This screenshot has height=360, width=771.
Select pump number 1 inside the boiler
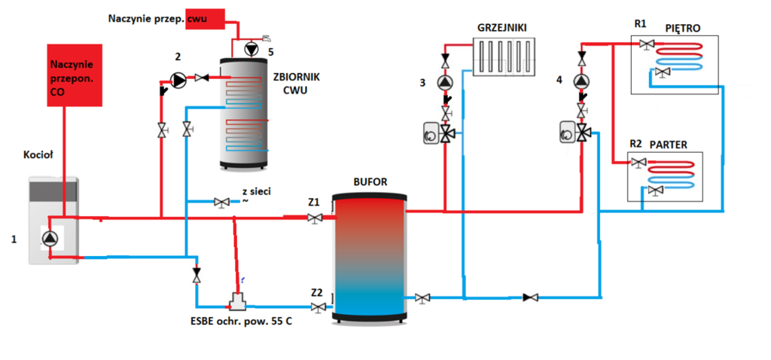[50, 239]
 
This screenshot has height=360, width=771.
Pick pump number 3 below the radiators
[446, 82]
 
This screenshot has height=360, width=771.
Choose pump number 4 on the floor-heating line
[581, 81]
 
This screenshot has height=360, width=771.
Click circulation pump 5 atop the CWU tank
[249, 47]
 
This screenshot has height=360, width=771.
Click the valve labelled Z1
[314, 218]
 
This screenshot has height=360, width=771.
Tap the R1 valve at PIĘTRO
[645, 45]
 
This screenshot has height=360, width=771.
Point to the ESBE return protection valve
[238, 303]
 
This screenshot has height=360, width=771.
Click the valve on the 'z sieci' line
[222, 202]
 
